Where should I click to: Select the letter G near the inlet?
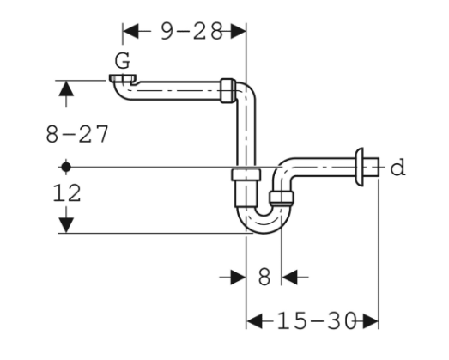(123, 61)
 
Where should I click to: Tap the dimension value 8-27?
(78, 133)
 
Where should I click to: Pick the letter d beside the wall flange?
(397, 168)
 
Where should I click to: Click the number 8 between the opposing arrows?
(264, 277)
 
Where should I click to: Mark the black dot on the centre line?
(64, 165)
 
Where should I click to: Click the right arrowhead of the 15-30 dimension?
(370, 321)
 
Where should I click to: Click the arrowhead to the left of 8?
(238, 277)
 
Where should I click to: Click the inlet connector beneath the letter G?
(123, 80)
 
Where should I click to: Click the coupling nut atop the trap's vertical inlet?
(246, 179)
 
